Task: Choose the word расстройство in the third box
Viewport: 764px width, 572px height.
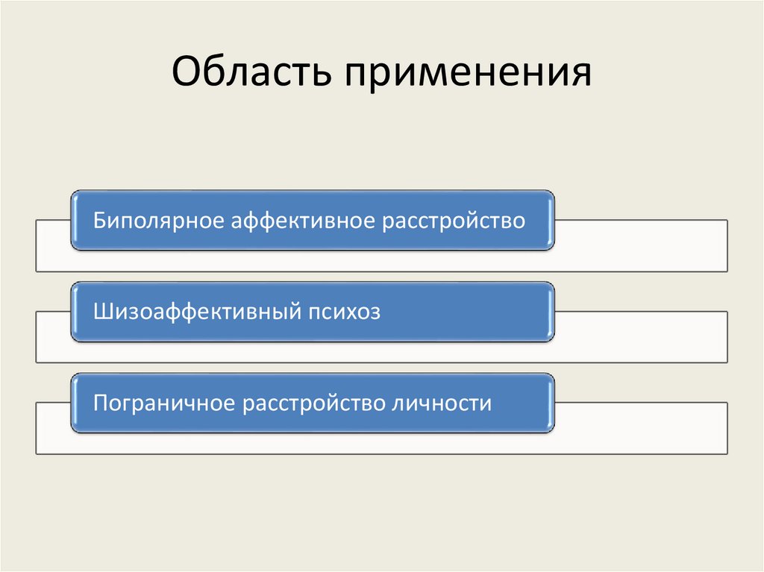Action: (x=313, y=403)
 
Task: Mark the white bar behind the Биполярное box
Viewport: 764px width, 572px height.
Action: (x=642, y=246)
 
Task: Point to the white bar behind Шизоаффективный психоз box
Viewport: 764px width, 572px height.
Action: (x=642, y=337)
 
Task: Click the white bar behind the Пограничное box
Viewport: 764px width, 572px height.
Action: (x=642, y=428)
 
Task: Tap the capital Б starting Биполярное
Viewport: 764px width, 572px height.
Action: (x=98, y=221)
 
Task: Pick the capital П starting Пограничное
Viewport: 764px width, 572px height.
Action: (x=99, y=403)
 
